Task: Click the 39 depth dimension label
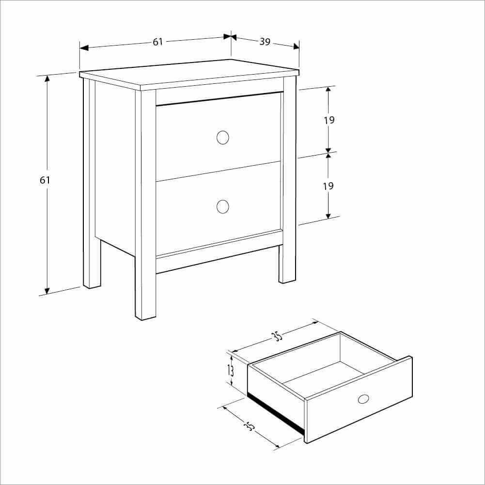pos(265,42)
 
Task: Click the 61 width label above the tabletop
pos(158,42)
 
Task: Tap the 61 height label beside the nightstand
pos(45,180)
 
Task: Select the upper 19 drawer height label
pos(329,120)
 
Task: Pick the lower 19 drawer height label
pos(329,186)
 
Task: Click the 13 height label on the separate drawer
pos(231,370)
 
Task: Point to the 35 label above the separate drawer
pos(277,336)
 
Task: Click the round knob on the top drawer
pos(223,137)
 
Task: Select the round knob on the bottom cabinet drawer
pos(223,206)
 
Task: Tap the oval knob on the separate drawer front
pos(363,399)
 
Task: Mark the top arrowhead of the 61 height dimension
pos(47,79)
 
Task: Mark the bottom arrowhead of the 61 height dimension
pos(47,291)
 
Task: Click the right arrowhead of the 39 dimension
pos(296,47)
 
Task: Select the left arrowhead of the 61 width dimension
pos(84,48)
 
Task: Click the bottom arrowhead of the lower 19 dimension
pos(328,215)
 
